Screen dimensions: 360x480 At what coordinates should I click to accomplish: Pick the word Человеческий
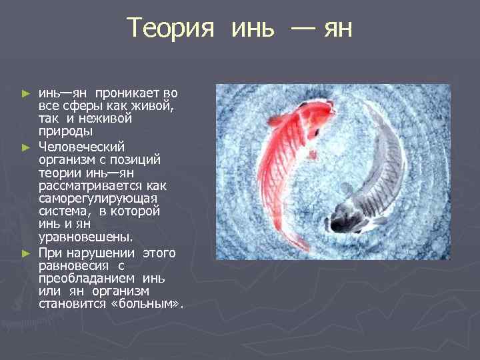tap(81, 146)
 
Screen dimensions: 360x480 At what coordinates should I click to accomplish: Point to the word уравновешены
tap(85, 237)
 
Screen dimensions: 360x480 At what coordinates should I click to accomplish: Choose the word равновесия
tap(72, 265)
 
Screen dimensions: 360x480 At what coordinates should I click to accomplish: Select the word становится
tap(71, 304)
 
